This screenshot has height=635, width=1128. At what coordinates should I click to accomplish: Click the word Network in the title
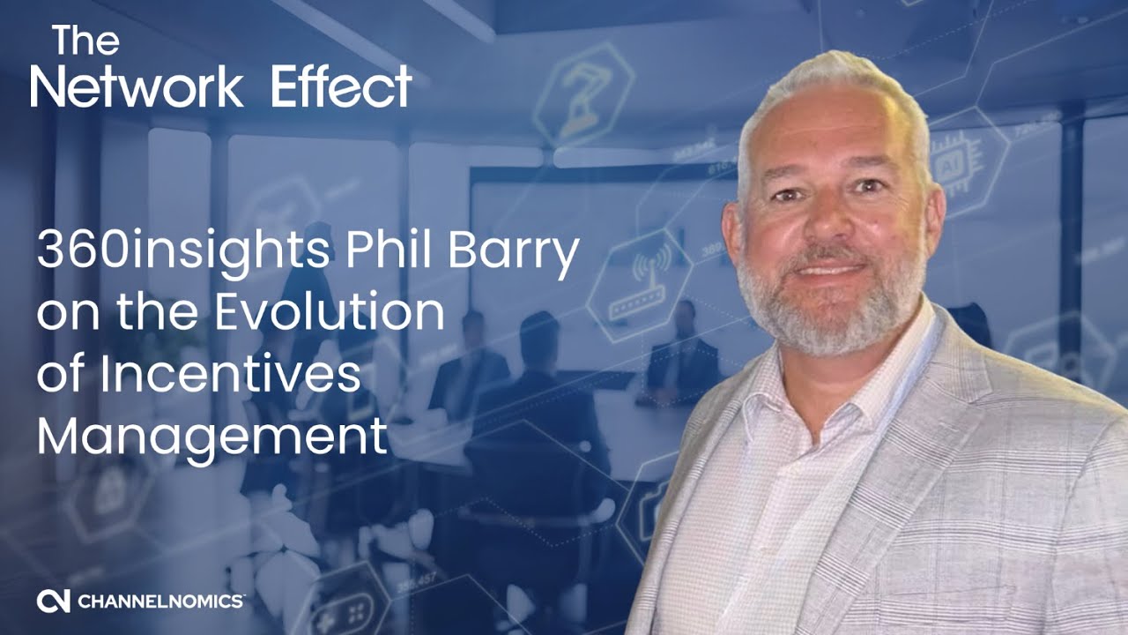click(137, 86)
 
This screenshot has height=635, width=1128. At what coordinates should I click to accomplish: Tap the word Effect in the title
click(341, 86)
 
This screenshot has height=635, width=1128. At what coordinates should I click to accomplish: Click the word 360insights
click(181, 253)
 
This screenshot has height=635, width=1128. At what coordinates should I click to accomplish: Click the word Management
click(211, 437)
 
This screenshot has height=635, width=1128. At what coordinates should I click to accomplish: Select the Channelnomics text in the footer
click(160, 601)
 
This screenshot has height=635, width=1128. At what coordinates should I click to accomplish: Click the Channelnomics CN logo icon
click(53, 601)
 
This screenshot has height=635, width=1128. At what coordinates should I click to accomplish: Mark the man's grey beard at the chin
click(828, 326)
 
